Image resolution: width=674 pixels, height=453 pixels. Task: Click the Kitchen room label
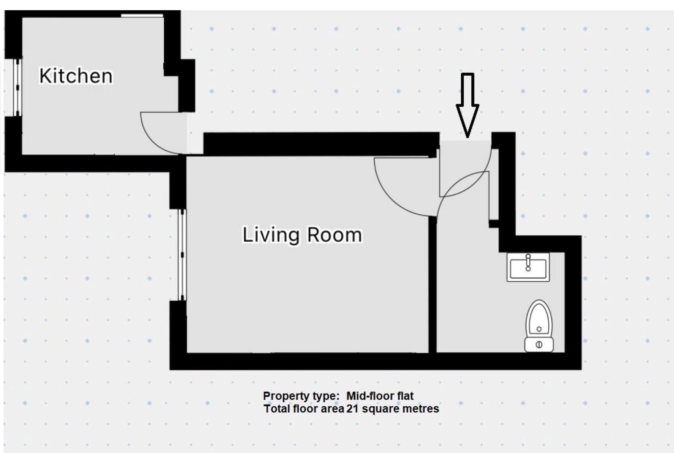coord(76,76)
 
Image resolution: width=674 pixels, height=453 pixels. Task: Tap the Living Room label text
coord(302,235)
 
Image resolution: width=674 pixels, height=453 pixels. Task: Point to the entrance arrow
coord(467,105)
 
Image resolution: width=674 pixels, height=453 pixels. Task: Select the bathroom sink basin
coord(528,267)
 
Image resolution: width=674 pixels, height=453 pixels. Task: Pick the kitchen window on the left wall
coord(17,87)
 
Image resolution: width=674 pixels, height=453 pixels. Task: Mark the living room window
coord(182,255)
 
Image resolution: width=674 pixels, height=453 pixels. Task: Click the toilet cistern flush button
coord(539,345)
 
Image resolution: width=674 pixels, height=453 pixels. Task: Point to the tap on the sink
coord(528,263)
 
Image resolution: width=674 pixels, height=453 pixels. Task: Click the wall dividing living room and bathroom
coord(432,284)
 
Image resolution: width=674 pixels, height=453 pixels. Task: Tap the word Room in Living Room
coord(334,235)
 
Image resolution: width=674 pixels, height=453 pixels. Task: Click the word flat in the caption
coord(405,396)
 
